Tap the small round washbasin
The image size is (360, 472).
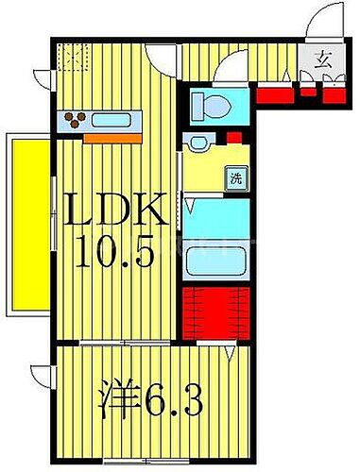pyautogui.click(x=197, y=143)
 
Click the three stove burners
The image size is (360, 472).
pyautogui.click(x=78, y=119)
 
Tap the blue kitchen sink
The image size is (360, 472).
pyautogui.click(x=114, y=120)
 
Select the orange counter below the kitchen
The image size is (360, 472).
pyautogui.click(x=111, y=138)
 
